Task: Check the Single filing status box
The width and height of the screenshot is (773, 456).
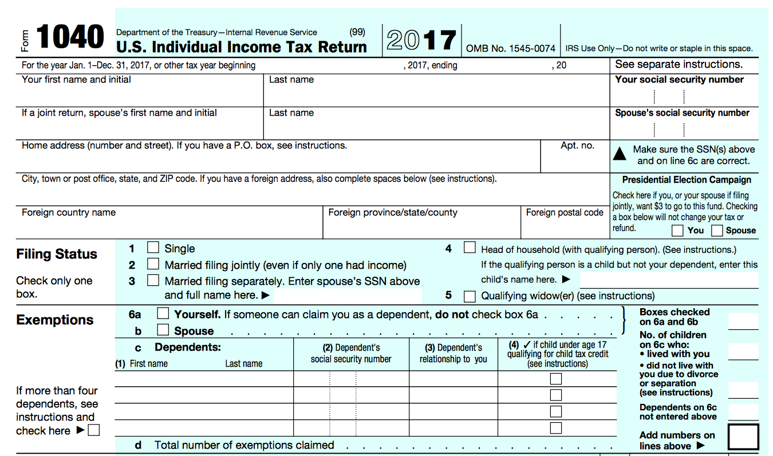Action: pos(153,248)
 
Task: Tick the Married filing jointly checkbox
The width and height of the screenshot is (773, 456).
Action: pos(153,264)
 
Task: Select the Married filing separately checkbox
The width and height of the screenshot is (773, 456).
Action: pos(153,280)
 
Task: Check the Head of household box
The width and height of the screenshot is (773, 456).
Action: pos(470,248)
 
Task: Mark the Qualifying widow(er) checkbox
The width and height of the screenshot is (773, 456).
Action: pos(470,296)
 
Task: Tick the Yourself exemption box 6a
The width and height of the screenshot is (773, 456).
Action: pos(163,313)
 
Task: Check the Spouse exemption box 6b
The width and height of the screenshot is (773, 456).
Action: pos(163,330)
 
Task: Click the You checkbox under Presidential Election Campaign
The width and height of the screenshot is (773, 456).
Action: pos(677,231)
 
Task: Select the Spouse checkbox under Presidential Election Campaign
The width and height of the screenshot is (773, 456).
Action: pos(717,231)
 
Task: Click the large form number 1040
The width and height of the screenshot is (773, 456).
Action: pos(70,38)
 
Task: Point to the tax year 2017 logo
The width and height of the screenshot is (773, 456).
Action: pos(421,40)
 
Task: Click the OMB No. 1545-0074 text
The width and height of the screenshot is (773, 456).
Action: pos(511,49)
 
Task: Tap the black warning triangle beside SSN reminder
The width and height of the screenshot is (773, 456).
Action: pos(620,154)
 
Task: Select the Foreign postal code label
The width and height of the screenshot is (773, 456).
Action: pos(565,213)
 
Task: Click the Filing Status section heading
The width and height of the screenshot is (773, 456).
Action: pos(57,254)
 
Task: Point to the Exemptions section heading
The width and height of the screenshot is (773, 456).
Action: pos(55,320)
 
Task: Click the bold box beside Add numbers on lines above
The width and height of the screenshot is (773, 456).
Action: pos(743,437)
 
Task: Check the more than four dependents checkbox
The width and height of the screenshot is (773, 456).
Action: pos(93,430)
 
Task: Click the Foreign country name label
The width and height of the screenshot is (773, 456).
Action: pos(69,213)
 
